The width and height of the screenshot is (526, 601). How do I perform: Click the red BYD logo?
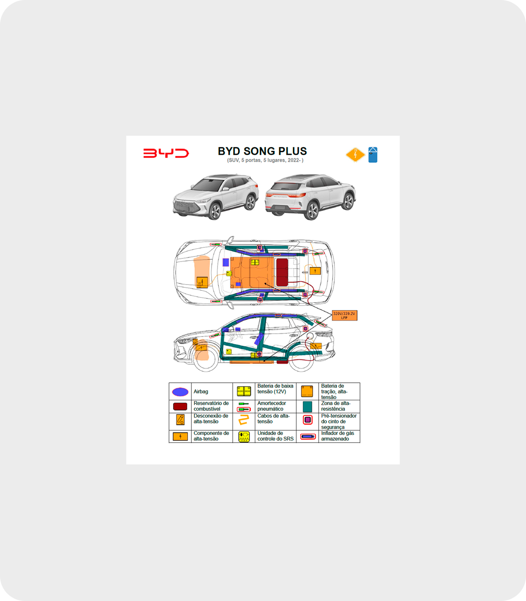point(166,153)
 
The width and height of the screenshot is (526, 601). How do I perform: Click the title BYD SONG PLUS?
point(262,151)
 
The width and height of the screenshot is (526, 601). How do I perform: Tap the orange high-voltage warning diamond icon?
point(355,155)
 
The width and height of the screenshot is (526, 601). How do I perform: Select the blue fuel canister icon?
point(373,155)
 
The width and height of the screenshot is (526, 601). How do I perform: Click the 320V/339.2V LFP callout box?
point(344,316)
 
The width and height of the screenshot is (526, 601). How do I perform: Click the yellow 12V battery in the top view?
point(255,262)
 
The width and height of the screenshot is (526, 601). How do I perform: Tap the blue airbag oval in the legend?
point(180,392)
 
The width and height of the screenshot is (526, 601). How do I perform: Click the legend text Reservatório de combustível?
point(211,406)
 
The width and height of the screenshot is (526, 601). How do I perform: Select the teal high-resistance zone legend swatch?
point(308,406)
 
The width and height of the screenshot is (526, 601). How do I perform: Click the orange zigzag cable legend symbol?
point(244,420)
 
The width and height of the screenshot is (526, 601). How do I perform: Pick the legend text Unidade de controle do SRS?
point(275,436)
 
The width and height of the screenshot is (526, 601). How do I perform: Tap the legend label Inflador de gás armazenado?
point(337,436)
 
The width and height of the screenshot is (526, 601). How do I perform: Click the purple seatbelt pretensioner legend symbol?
point(308,420)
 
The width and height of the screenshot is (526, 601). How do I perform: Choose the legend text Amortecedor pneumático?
point(271,406)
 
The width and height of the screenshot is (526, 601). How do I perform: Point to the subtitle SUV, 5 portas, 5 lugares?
point(265,161)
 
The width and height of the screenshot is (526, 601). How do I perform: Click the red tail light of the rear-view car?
point(298,195)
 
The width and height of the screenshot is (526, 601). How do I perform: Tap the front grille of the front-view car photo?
point(185,206)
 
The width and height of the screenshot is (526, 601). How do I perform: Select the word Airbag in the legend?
point(201,392)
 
